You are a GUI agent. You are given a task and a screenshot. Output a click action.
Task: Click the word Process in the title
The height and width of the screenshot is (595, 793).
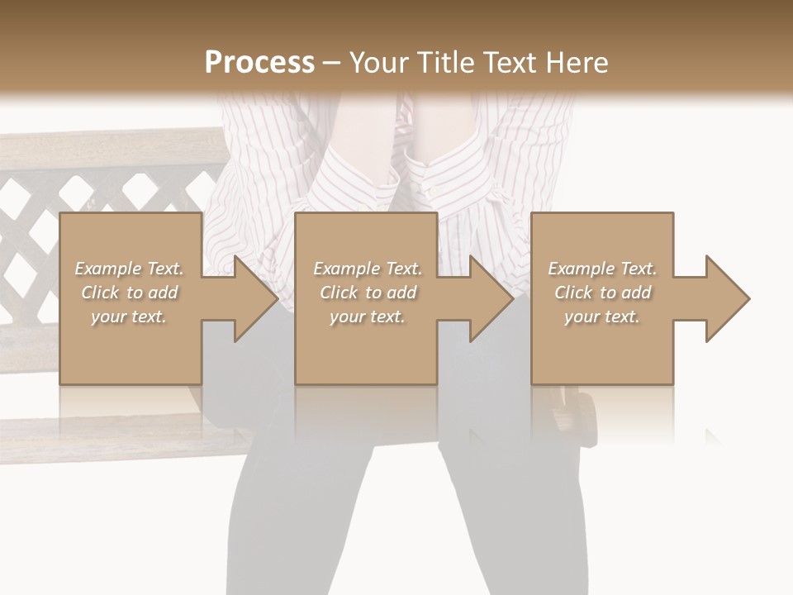[259, 63]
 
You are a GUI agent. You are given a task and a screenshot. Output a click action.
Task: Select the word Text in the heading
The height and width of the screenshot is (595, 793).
[510, 63]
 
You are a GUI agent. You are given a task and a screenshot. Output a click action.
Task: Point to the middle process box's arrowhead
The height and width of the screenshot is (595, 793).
[487, 298]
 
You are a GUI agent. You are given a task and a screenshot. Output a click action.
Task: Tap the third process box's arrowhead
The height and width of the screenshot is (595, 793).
[724, 298]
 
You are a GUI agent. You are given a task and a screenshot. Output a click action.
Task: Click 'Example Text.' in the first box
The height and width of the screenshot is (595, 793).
[129, 269]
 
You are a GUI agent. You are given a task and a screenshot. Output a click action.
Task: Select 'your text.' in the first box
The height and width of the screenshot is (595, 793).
[129, 317]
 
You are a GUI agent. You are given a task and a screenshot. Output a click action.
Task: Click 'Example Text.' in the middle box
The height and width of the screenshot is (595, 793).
[368, 269]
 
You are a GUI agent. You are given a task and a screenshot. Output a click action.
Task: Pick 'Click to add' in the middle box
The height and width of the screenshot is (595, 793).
[368, 293]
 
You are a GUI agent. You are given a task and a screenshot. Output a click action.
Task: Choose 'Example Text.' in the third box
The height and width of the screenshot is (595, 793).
[602, 269]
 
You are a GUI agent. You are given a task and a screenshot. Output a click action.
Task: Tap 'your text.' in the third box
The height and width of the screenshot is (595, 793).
[602, 317]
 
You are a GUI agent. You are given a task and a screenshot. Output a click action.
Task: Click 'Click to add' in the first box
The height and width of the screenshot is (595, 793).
[129, 293]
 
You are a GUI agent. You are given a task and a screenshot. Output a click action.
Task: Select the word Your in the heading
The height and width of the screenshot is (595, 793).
[381, 63]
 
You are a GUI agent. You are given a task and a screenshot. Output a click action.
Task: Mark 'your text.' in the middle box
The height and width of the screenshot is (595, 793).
[368, 317]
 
